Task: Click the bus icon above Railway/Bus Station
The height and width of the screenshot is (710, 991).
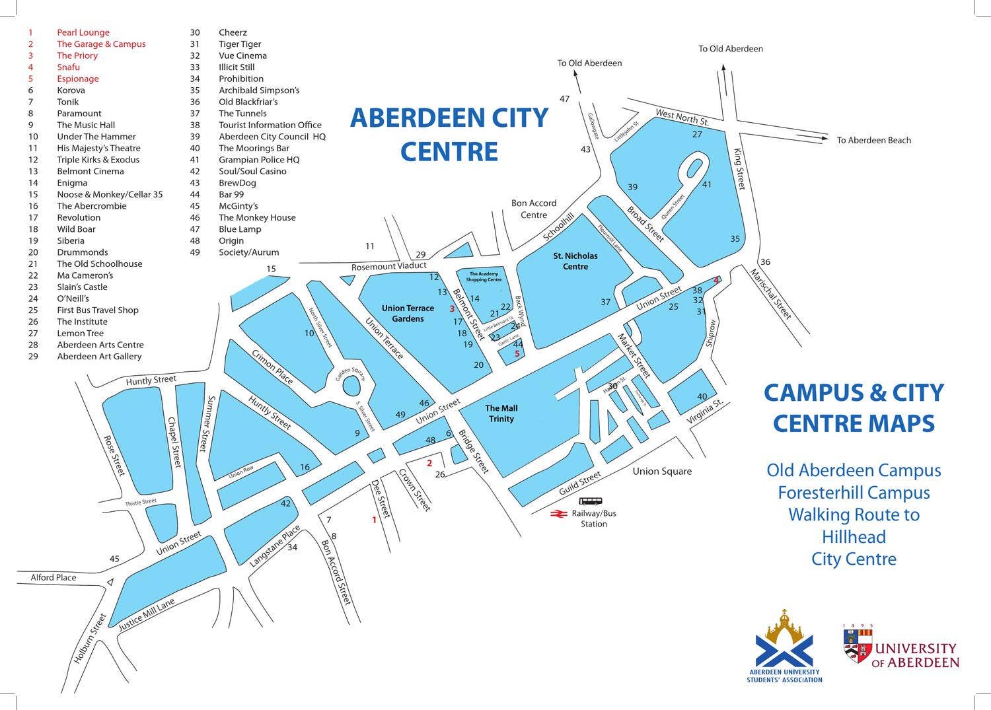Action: coord(590,501)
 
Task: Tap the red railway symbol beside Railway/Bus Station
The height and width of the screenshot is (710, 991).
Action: coord(559,513)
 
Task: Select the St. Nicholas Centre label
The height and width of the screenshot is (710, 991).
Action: coord(575,261)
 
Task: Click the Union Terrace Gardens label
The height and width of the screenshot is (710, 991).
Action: coord(408,313)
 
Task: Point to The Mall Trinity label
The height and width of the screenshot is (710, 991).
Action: coord(501,413)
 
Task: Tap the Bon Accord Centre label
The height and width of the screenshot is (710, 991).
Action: coord(534,209)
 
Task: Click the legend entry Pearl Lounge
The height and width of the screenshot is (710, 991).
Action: coord(83,32)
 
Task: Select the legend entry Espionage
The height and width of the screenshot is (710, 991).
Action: coord(77,79)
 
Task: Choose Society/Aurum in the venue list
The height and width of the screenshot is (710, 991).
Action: coord(248,252)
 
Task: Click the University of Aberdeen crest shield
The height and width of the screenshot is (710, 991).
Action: coord(858,645)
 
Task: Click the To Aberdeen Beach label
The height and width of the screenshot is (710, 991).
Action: coord(873,140)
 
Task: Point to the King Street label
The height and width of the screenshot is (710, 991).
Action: coord(739,169)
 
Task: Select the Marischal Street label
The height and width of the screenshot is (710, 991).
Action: coord(770,293)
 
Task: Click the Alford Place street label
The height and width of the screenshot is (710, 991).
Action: coord(54,577)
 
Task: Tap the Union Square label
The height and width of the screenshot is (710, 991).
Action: coord(662,471)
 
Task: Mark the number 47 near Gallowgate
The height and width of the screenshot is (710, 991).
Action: coord(564,99)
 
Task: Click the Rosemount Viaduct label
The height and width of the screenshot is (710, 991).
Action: coord(388,266)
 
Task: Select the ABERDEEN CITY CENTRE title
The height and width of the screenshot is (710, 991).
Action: coord(449,134)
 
